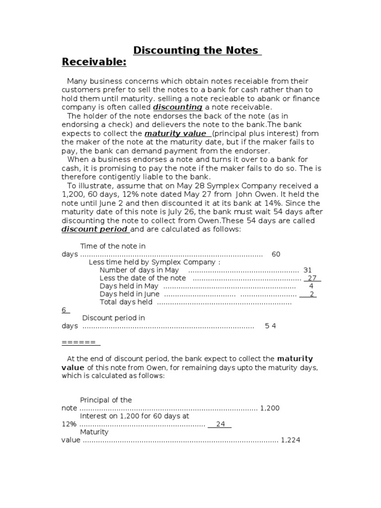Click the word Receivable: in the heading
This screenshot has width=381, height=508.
[94, 62]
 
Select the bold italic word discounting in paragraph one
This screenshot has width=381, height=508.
[178, 107]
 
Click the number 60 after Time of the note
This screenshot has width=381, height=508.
[276, 254]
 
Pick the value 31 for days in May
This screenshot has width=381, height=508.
[308, 270]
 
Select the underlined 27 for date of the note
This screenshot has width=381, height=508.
[313, 278]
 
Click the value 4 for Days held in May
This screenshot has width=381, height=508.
[311, 286]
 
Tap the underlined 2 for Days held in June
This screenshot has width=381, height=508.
[312, 294]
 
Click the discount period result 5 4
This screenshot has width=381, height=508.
[270, 326]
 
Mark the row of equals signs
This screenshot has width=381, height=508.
[80, 342]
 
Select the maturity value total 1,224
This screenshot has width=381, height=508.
[291, 440]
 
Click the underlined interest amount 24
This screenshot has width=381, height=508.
[220, 424]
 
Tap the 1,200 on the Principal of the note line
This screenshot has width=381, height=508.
[270, 408]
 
